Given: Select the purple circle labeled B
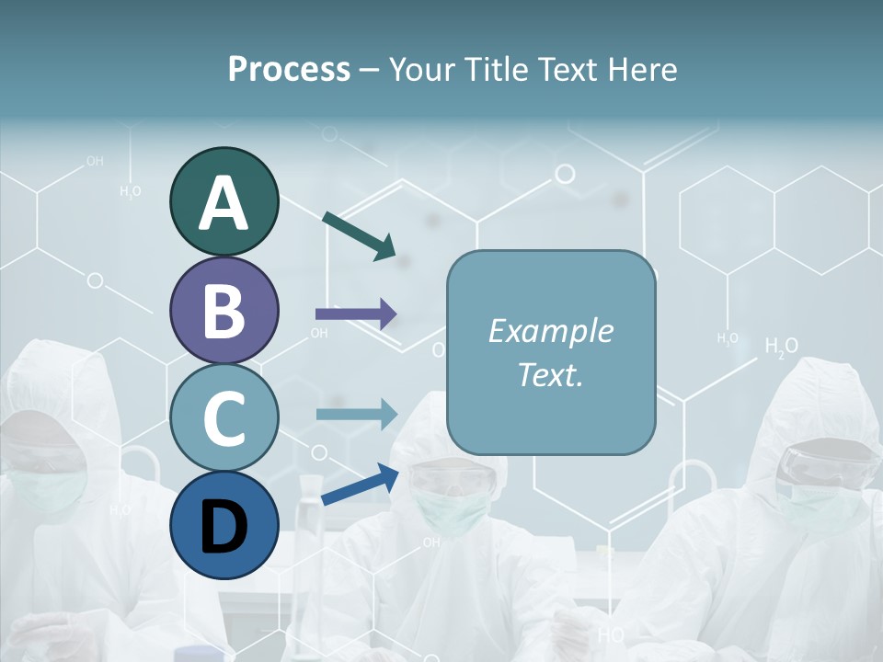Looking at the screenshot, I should coord(224,310).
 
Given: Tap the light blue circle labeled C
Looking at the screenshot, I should coord(224,417).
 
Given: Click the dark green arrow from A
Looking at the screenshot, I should coord(359,234).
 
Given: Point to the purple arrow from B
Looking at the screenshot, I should coord(356,314).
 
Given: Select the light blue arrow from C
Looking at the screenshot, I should coord(356,415).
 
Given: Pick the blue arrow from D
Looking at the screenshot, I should coord(360,484).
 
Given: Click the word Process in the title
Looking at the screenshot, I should coord(289,69).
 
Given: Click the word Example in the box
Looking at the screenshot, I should coord(550,331).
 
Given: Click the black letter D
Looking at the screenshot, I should coord(224,526).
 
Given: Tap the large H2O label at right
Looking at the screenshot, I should coord(781,347).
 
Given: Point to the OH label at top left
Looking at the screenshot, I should coord(95,161).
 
